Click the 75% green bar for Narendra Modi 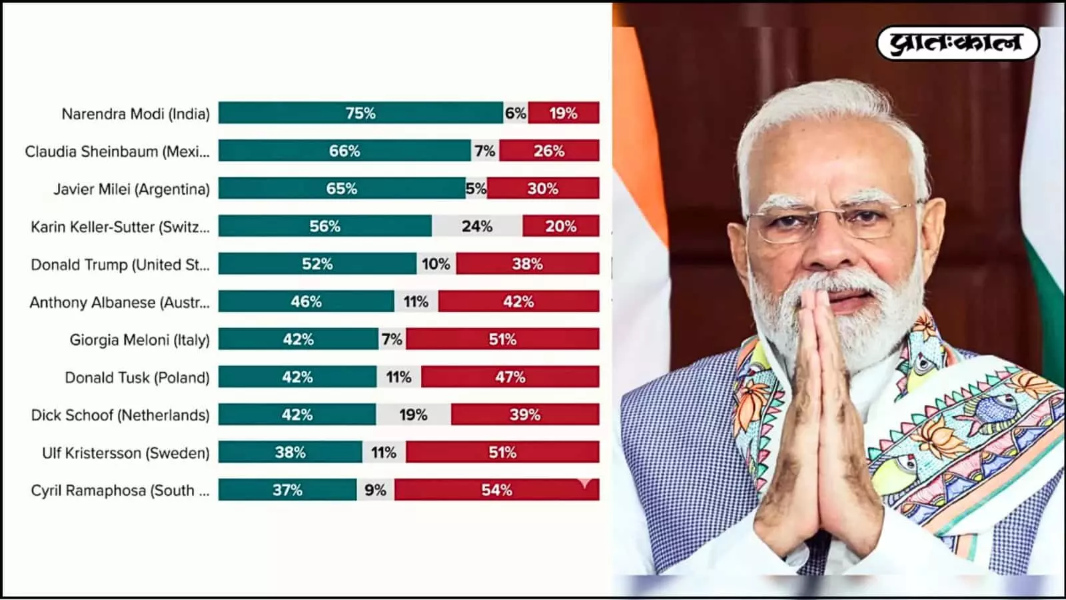pyautogui.click(x=360, y=113)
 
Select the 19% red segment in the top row pyautogui.click(x=564, y=113)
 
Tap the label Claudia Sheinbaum pyautogui.click(x=117, y=152)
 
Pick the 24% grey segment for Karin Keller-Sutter pyautogui.click(x=477, y=227)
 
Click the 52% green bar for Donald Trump pyautogui.click(x=317, y=264)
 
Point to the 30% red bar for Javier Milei pyautogui.click(x=543, y=189)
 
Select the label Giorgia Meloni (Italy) pyautogui.click(x=139, y=340)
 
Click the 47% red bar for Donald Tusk pyautogui.click(x=510, y=377)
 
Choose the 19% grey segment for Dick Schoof pyautogui.click(x=413, y=415)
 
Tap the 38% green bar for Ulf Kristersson pyautogui.click(x=290, y=453)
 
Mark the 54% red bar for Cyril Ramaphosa pyautogui.click(x=497, y=490)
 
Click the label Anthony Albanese pyautogui.click(x=120, y=303)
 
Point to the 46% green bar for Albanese pyautogui.click(x=306, y=302)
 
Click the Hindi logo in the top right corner pyautogui.click(x=957, y=43)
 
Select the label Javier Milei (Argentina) pyautogui.click(x=132, y=189)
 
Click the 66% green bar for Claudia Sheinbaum pyautogui.click(x=344, y=151)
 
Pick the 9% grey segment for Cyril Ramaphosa pyautogui.click(x=375, y=490)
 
